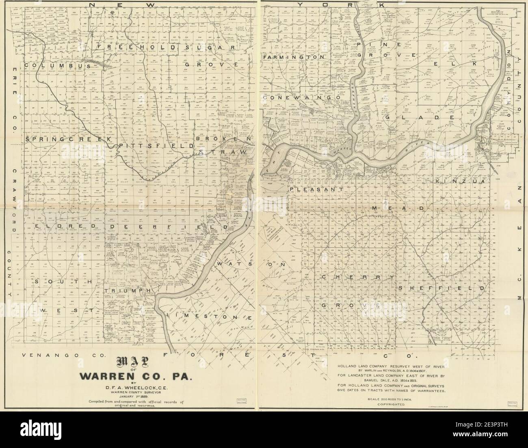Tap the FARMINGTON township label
click(294, 58)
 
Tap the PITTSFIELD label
click(156, 145)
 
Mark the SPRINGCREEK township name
click(68, 139)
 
